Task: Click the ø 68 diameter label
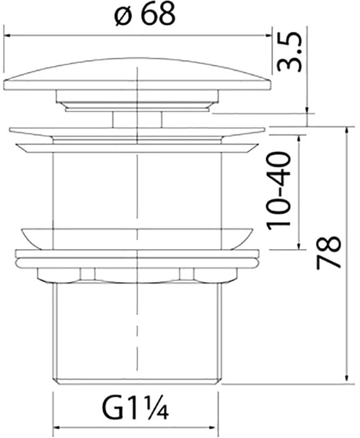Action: (x=145, y=14)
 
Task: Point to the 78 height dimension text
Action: (x=329, y=253)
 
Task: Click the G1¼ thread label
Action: (x=136, y=410)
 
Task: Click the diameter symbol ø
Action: (x=122, y=17)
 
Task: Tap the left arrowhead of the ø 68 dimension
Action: (x=7, y=36)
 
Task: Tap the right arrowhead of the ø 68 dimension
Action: (x=268, y=36)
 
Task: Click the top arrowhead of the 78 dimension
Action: (x=347, y=131)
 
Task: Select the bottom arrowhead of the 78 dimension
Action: (x=347, y=380)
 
